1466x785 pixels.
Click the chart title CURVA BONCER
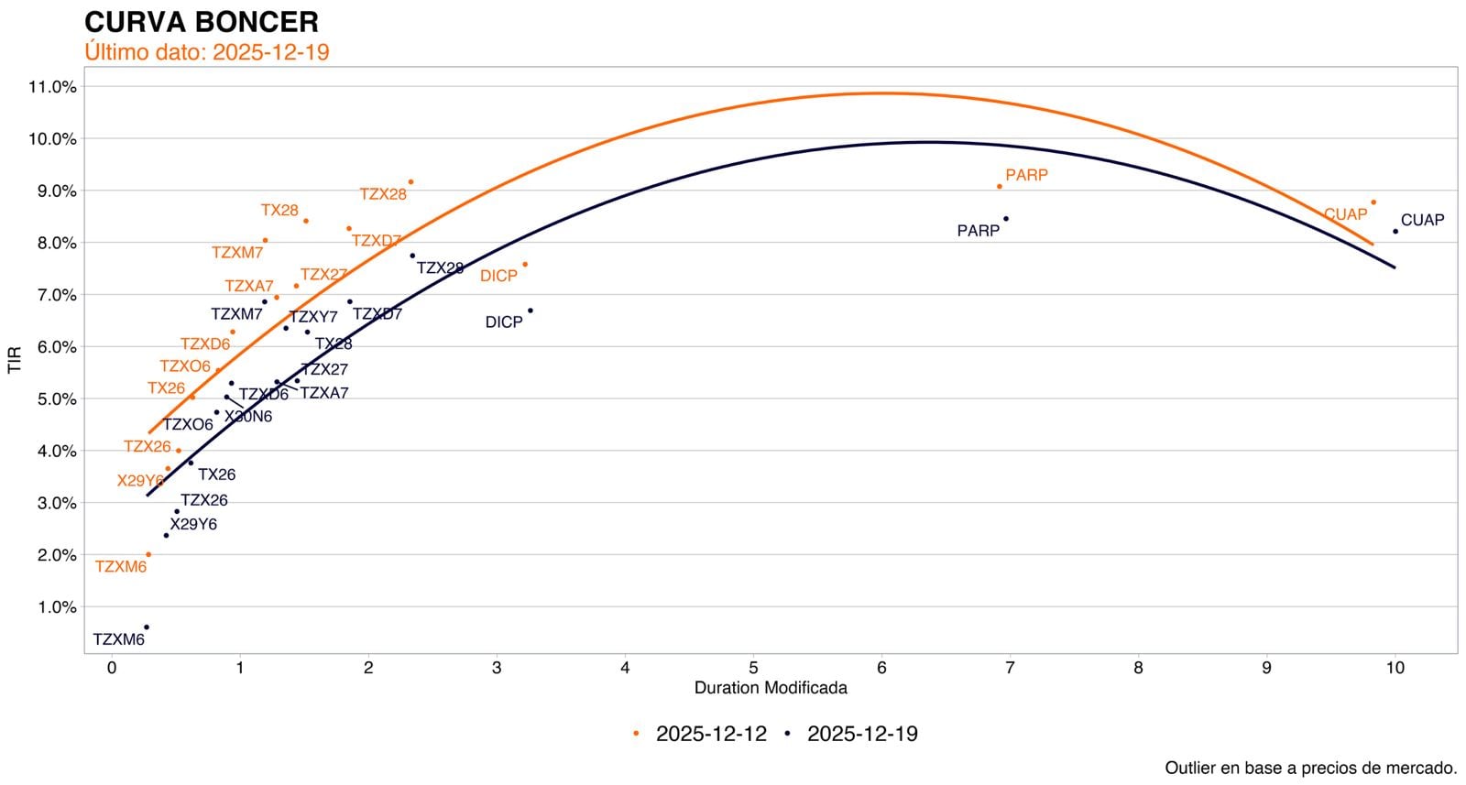(202, 22)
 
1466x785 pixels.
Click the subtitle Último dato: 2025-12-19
(207, 52)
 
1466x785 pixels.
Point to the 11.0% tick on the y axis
(53, 87)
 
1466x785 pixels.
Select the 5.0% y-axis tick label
(53, 399)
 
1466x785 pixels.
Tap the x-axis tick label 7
(1010, 669)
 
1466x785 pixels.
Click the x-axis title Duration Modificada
(771, 688)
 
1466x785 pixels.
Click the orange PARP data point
(999, 187)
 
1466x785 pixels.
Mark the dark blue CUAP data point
(1395, 232)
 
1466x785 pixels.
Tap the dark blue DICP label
(504, 322)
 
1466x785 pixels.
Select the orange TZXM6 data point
(148, 555)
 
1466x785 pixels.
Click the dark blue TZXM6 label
(119, 639)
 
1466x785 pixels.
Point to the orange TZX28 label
(383, 194)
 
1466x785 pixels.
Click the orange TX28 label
(279, 211)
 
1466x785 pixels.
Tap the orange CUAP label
(1345, 214)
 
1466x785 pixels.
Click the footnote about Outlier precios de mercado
(1310, 768)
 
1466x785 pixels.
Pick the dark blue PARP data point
(1006, 219)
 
